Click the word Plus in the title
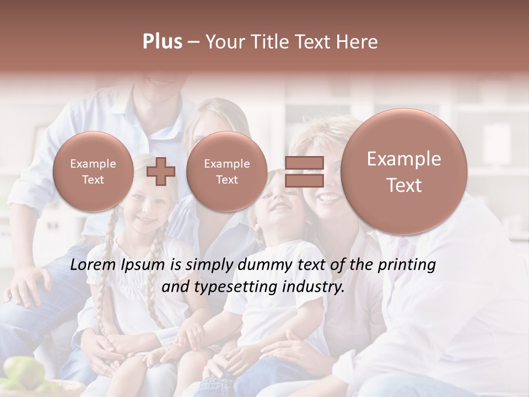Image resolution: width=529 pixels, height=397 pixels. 162,42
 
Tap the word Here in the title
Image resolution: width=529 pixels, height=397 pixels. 359,42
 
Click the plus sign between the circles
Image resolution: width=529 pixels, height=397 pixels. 161,171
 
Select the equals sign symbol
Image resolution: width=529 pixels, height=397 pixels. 304,171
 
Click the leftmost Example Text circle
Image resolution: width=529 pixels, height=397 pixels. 93,171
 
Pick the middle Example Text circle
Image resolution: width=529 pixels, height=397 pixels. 226,171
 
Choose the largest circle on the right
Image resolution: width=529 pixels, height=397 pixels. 404,171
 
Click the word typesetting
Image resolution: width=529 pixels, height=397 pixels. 243,287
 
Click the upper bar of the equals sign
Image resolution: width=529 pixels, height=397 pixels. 304,163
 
